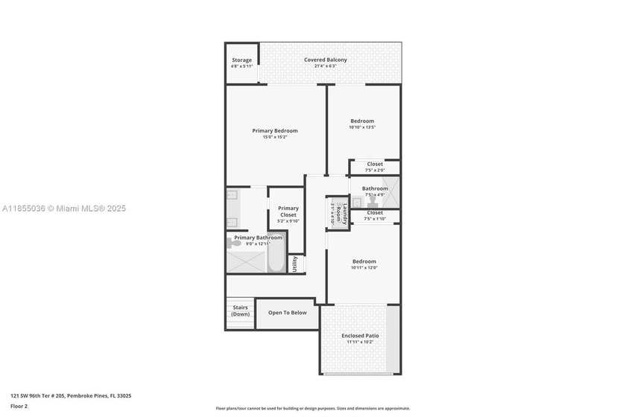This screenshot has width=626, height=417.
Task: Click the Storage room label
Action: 241,60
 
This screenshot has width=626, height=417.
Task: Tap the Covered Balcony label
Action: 325,60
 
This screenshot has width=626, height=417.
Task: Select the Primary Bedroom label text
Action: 274,131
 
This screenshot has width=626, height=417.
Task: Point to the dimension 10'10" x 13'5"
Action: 362,127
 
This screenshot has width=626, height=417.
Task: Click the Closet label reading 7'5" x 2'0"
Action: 375,164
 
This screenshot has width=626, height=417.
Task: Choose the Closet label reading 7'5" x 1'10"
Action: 375,213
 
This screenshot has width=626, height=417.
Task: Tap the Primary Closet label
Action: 288,211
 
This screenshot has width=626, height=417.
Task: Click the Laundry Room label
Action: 337,213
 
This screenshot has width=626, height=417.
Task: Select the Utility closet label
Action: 295,264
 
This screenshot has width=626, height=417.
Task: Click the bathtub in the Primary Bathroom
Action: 276,258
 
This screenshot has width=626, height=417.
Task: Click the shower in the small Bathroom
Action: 391,191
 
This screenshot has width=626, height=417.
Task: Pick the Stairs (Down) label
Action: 240,311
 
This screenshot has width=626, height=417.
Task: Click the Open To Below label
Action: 287,313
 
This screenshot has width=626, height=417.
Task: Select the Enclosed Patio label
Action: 360,336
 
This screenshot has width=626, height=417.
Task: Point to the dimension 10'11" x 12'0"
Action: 364,268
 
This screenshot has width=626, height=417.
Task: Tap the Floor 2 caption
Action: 19,407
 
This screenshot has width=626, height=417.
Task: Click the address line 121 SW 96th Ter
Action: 71,396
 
